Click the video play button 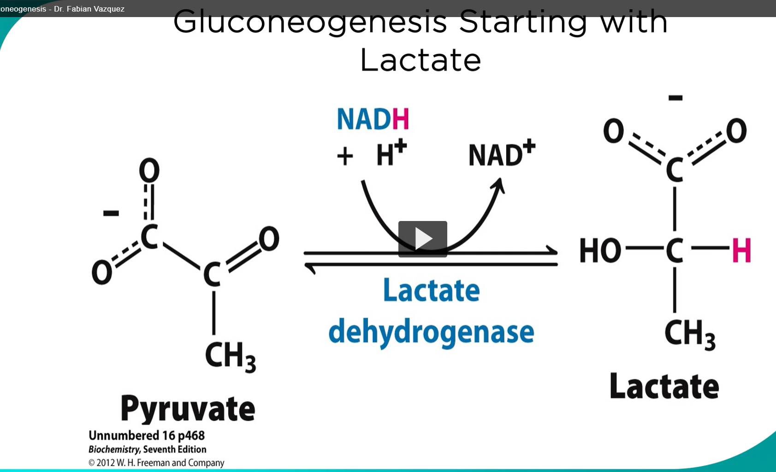[x=422, y=239]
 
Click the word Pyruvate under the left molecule [x=188, y=409]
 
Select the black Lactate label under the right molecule [x=664, y=386]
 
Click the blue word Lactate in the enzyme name [x=431, y=291]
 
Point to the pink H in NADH [x=400, y=119]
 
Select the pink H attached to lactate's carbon [x=741, y=251]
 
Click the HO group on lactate [x=600, y=251]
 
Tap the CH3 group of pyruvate [x=230, y=356]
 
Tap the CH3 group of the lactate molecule [x=689, y=334]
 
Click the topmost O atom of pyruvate [x=149, y=171]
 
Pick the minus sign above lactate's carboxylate [x=675, y=98]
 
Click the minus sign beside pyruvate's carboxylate [x=111, y=213]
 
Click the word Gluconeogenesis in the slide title [x=310, y=22]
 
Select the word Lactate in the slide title [x=420, y=60]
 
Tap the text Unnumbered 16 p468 [x=146, y=436]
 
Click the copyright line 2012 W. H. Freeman [x=156, y=462]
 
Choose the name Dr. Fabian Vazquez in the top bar [x=89, y=9]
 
